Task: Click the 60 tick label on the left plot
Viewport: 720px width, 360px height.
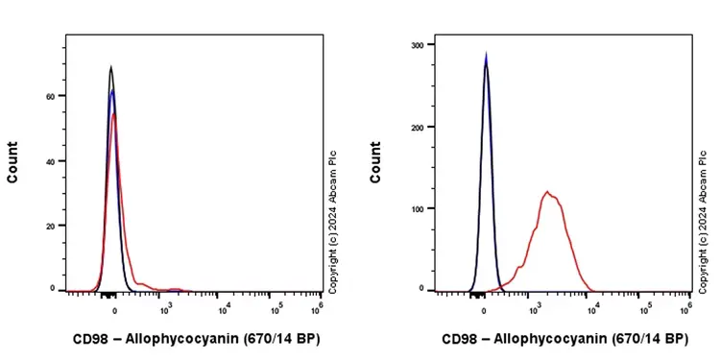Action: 50,97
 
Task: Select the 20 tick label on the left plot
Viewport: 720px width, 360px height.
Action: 50,226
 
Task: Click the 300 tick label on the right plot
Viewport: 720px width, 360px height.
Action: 417,45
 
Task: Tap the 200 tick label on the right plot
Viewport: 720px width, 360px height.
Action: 417,127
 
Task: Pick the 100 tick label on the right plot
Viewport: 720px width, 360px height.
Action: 417,207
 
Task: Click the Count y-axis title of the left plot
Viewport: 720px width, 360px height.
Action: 12,162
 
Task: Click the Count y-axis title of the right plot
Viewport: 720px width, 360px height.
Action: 376,162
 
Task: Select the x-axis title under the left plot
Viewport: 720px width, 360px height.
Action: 196,339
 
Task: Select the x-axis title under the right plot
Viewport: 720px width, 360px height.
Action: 564,339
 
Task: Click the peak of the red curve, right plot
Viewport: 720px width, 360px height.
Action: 547,192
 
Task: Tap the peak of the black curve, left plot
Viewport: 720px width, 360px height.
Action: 111,67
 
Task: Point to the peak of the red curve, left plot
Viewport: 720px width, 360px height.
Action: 114,114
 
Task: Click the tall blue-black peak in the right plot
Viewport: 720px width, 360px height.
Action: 486,56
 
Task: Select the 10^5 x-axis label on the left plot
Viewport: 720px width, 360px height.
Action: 276,307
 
